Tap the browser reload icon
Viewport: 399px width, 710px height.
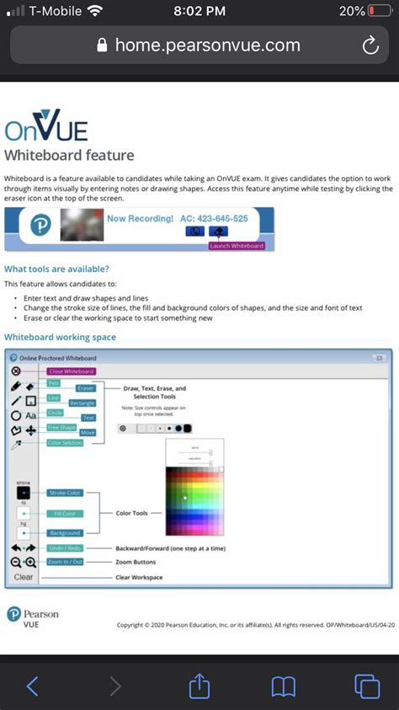pyautogui.click(x=370, y=45)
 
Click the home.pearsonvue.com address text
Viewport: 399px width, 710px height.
pyautogui.click(x=207, y=45)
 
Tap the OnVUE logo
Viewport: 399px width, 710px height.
pyautogui.click(x=45, y=129)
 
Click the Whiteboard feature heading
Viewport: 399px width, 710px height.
pyautogui.click(x=69, y=155)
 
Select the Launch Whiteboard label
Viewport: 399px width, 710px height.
pyautogui.click(x=237, y=246)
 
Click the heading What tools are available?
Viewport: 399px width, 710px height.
pyautogui.click(x=56, y=269)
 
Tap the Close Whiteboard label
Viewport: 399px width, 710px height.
pyautogui.click(x=71, y=371)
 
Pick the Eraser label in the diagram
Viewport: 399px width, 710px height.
pyautogui.click(x=85, y=388)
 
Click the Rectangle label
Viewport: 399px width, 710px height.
pyautogui.click(x=82, y=403)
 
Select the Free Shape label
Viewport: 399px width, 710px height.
pyautogui.click(x=61, y=427)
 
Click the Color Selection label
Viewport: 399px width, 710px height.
pyautogui.click(x=65, y=443)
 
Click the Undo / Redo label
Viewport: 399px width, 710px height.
pyautogui.click(x=65, y=548)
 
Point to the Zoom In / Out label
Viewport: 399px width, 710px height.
pyautogui.click(x=65, y=562)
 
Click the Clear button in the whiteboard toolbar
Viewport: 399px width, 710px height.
pyautogui.click(x=24, y=577)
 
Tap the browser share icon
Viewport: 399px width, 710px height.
pyautogui.click(x=199, y=686)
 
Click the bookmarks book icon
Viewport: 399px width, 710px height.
pyautogui.click(x=283, y=686)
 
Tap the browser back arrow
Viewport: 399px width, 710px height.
pyautogui.click(x=32, y=686)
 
